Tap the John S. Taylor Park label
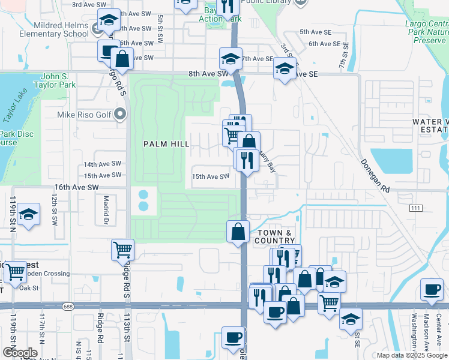(67, 80)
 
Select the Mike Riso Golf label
(83, 114)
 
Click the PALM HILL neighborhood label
(166, 144)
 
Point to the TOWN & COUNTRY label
(275, 236)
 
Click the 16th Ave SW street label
(76, 187)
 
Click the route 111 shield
(415, 207)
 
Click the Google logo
(19, 352)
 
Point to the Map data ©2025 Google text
(412, 355)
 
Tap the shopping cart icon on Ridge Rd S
(122, 250)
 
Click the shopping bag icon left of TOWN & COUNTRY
(238, 231)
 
